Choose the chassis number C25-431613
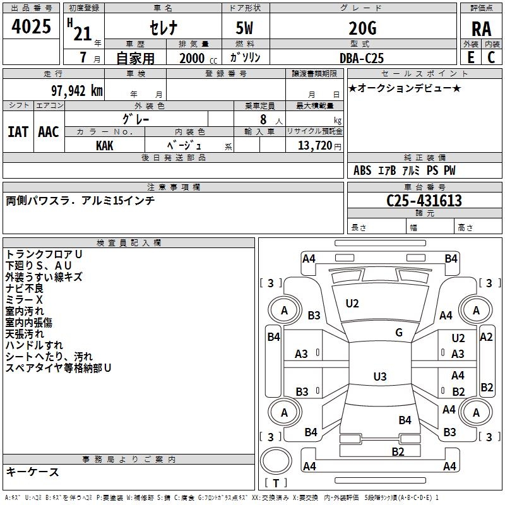(424, 201)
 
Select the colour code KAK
(105, 145)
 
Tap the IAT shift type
(18, 131)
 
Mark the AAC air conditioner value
(49, 131)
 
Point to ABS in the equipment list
(362, 170)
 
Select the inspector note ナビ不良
(25, 288)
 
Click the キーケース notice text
(32, 472)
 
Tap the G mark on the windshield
(399, 333)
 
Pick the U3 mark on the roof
(379, 377)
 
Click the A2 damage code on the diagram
(486, 336)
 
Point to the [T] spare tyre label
(276, 483)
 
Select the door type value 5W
(246, 28)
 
